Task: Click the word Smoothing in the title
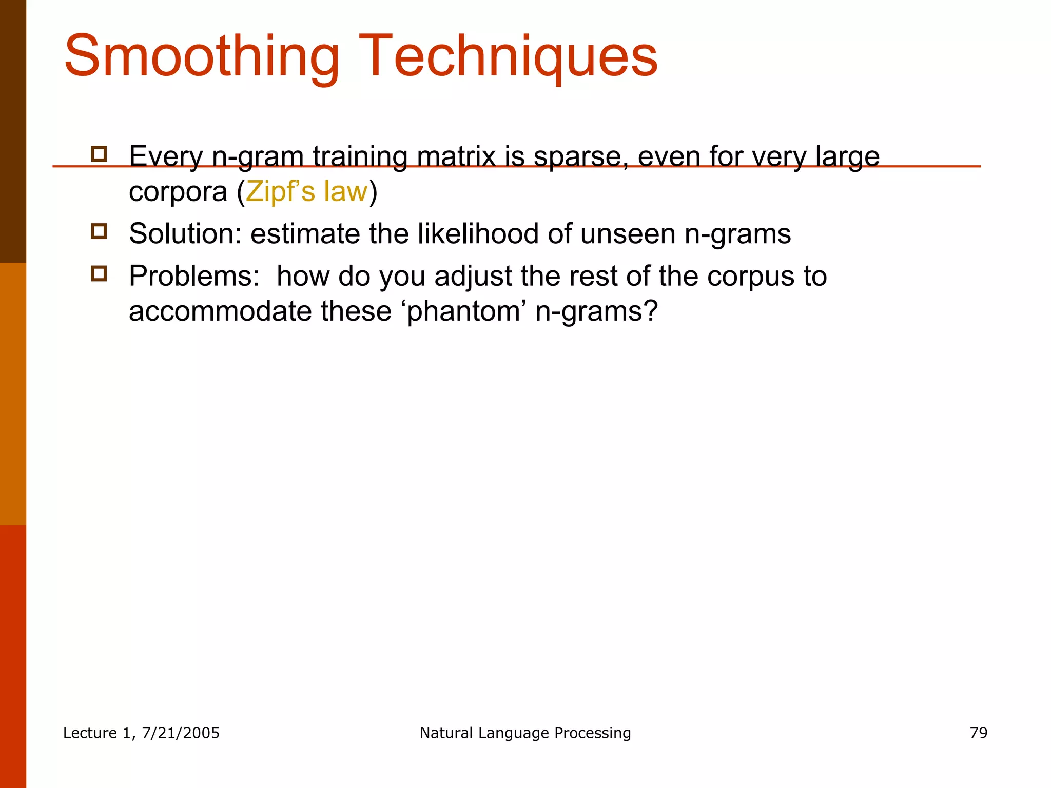202,56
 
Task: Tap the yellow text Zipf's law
307,192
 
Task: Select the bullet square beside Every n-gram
99,154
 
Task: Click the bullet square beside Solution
99,231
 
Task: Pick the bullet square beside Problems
99,273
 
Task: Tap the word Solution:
185,234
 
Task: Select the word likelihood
478,234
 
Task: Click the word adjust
473,276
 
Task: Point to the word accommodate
220,311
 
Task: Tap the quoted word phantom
462,311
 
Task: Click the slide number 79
978,733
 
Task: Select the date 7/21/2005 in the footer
180,733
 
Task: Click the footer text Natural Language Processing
525,733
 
